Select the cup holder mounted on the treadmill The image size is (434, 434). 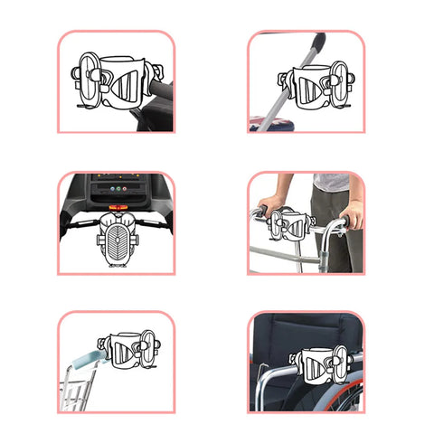coord(116,241)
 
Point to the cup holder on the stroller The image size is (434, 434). coord(312,88)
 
